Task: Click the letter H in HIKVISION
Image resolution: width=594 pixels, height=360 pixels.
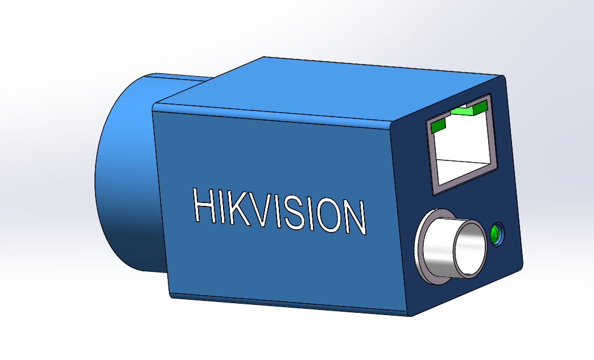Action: point(204,205)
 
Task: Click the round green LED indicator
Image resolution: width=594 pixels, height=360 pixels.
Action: point(495,234)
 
